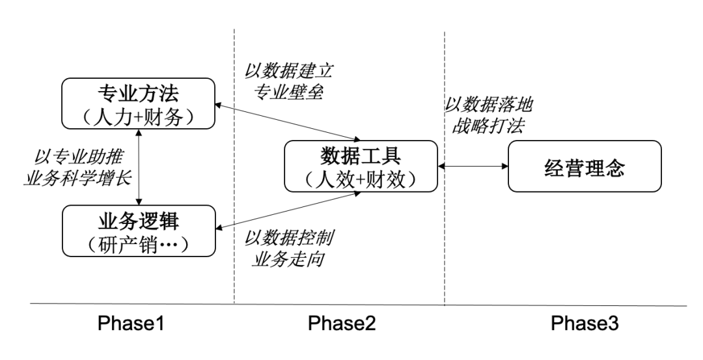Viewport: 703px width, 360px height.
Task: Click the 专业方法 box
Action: (138, 103)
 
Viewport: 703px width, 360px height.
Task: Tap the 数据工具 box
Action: (359, 167)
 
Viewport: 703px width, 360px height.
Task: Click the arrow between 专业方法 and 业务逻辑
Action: (139, 166)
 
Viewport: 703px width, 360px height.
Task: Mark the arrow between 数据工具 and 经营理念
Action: (472, 167)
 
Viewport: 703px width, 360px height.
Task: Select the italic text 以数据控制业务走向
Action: (288, 248)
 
